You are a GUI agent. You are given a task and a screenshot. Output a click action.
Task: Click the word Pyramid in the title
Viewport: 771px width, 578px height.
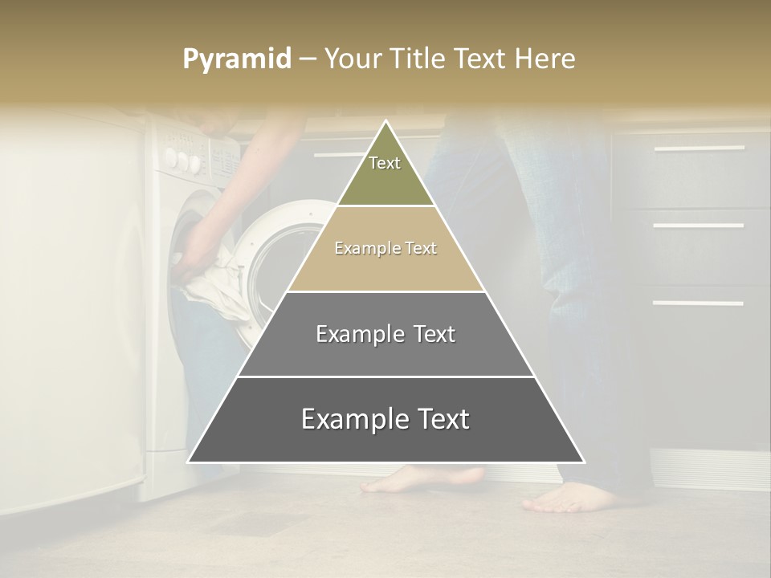(236, 59)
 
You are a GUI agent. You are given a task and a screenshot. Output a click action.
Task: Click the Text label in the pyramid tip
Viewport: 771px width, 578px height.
(385, 163)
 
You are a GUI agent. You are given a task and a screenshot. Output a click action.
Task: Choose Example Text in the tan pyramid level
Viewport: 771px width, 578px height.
(385, 248)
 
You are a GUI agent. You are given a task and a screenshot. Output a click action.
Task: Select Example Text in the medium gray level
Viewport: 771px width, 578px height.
(385, 334)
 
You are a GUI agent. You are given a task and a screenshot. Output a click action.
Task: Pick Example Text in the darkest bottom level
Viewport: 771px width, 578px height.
(385, 419)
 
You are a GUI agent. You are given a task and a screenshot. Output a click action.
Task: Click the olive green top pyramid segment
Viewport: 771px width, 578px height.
(385, 181)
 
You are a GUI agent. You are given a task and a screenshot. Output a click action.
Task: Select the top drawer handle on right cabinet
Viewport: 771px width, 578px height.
(698, 149)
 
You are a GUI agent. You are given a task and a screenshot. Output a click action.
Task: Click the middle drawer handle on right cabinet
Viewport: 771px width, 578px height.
(698, 226)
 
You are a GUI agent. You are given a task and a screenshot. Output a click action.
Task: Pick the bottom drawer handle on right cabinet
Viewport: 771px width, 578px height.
(698, 303)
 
